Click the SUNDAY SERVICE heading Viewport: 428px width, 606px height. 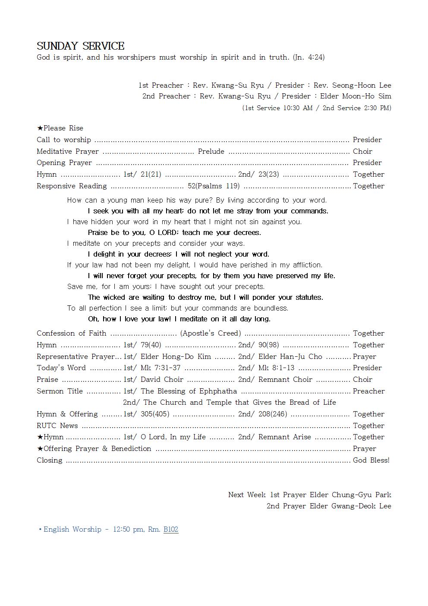[81, 46]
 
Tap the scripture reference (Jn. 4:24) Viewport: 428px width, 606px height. [308, 57]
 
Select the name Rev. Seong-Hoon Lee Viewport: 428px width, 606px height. [352, 85]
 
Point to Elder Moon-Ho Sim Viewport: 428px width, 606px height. [356, 96]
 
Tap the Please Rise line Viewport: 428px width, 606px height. [60, 128]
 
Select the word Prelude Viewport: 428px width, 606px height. [211, 151]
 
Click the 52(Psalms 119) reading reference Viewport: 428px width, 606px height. [214, 186]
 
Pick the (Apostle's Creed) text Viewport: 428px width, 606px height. [211, 333]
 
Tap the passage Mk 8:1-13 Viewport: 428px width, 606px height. [276, 368]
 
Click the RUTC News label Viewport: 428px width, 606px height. [57, 425]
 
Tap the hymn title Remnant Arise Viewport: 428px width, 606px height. [285, 437]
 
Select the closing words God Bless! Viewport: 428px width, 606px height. [371, 460]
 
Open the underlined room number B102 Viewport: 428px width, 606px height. [171, 529]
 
